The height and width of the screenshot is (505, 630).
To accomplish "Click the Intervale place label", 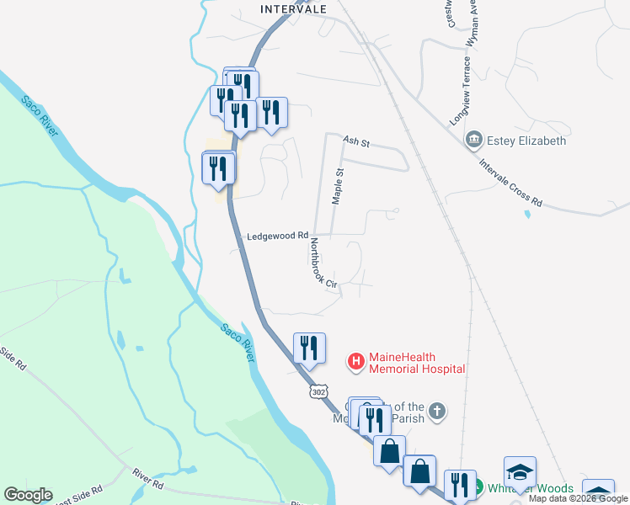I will [293, 9].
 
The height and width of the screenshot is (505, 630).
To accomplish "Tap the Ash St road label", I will [356, 141].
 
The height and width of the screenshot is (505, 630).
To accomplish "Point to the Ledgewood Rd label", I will [277, 237].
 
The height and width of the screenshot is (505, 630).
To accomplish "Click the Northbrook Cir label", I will [323, 263].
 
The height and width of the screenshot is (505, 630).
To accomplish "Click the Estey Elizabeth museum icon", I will [474, 139].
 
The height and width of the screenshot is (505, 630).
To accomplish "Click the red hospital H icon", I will [356, 362].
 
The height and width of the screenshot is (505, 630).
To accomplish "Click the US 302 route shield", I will [318, 392].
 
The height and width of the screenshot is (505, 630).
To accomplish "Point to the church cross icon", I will [435, 412].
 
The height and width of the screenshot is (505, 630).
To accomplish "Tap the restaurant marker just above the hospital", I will [309, 348].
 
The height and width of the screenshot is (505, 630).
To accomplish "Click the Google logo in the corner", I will [28, 495].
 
